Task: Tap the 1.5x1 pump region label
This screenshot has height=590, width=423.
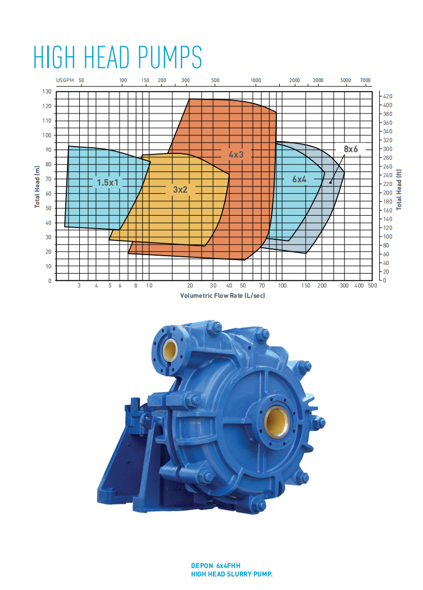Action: coord(109,182)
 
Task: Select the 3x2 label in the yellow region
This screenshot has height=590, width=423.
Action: coord(180,190)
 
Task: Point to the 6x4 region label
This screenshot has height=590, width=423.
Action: coord(299,179)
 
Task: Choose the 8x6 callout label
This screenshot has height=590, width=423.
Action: coord(351,149)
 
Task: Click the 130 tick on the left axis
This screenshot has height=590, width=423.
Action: coord(47,92)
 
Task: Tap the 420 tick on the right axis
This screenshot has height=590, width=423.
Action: coord(387,97)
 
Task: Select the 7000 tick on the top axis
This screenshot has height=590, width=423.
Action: coord(365,81)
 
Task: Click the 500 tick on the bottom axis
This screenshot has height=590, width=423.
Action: coord(372,286)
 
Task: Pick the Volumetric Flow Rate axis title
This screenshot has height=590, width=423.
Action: coord(222,296)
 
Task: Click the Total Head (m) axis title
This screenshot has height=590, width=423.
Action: coord(38,187)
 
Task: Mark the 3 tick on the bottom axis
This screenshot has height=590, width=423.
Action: coord(79,286)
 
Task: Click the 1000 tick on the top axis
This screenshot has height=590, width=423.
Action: coord(256,81)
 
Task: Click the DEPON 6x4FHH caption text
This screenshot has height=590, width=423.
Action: coord(219,566)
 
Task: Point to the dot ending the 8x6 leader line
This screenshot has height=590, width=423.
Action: coord(331,182)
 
